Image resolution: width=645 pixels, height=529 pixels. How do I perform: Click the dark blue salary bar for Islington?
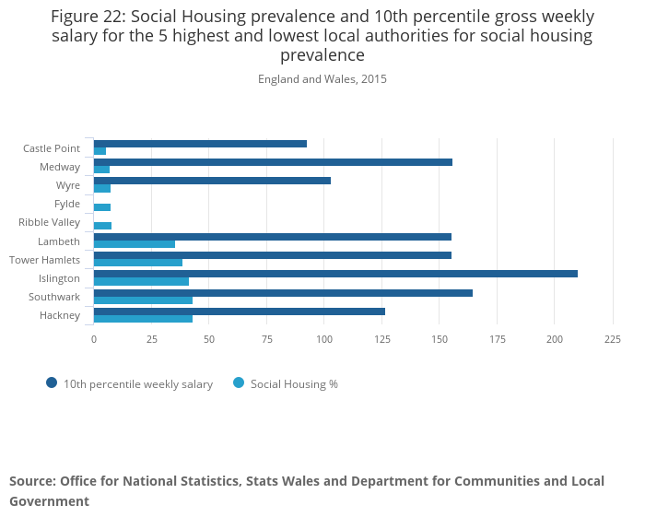coord(335,274)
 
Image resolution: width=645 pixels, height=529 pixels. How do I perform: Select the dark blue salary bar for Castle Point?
coord(200,144)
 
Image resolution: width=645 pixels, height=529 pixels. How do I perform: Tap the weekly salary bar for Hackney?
coord(239,312)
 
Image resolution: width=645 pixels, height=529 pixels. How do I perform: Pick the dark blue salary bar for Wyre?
coord(212,181)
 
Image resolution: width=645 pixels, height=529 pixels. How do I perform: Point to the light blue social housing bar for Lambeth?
coord(135,244)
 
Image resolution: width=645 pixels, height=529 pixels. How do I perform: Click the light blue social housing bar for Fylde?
coord(102,207)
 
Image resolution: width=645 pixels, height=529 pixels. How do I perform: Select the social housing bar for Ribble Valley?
coord(102,226)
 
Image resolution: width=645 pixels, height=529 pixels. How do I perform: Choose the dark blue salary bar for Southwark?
coord(283,293)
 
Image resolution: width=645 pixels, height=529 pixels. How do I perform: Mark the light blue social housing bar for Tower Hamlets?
coord(138,263)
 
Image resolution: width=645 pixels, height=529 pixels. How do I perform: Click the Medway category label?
coord(60,167)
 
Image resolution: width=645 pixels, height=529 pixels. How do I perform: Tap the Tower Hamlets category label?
coord(44,260)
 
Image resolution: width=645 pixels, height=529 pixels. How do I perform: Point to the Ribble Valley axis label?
coord(49,222)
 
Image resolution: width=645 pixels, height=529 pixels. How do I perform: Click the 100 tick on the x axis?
coord(324,339)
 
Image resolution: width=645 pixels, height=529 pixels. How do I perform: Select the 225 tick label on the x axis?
coord(612,339)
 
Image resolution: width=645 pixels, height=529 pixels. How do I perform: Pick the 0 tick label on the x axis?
coord(93,339)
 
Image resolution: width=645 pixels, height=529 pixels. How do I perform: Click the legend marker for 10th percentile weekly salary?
coord(52,383)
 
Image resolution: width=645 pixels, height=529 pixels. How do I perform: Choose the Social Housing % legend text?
coord(294,384)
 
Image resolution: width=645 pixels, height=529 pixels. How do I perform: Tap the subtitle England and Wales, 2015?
coord(322,79)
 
